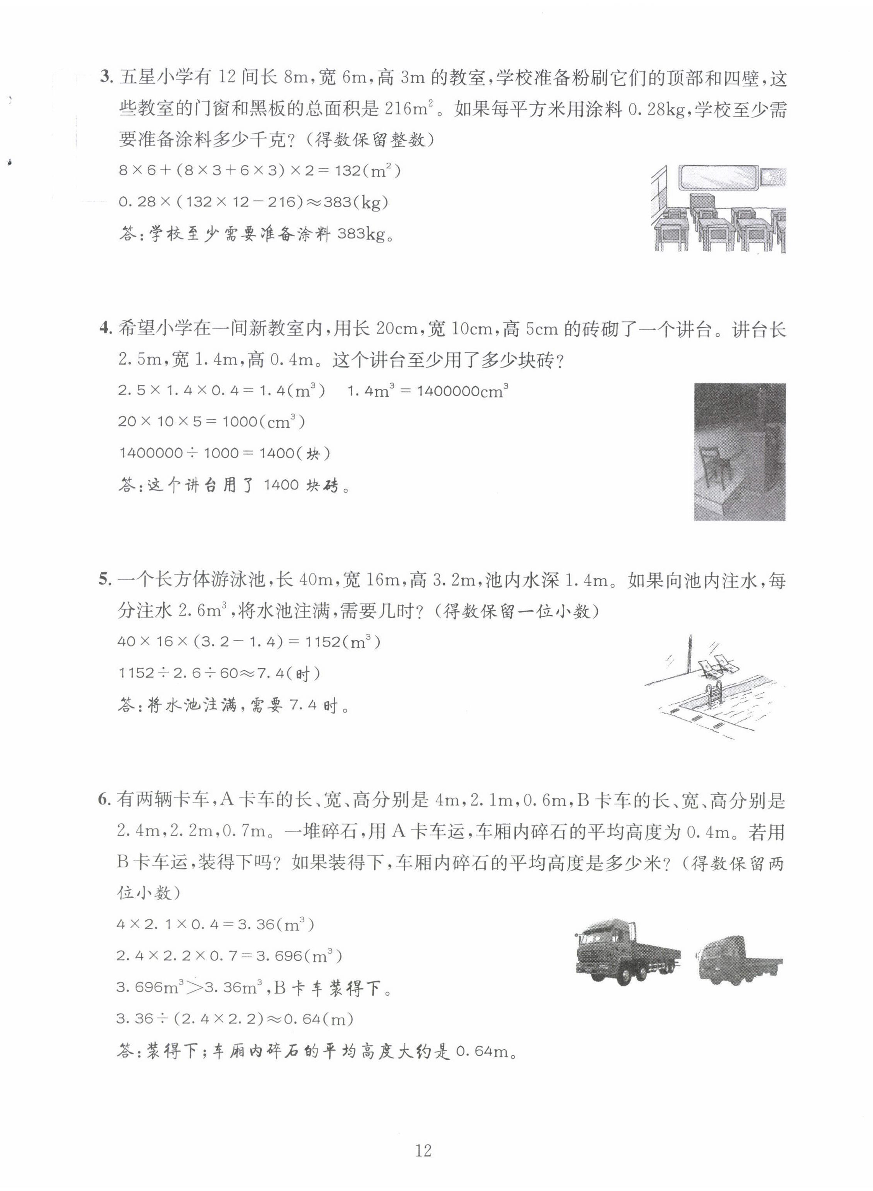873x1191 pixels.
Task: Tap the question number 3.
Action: coord(106,78)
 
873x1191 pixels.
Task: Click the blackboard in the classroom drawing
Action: coord(719,178)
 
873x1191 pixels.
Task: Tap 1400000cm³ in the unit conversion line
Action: coord(462,392)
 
